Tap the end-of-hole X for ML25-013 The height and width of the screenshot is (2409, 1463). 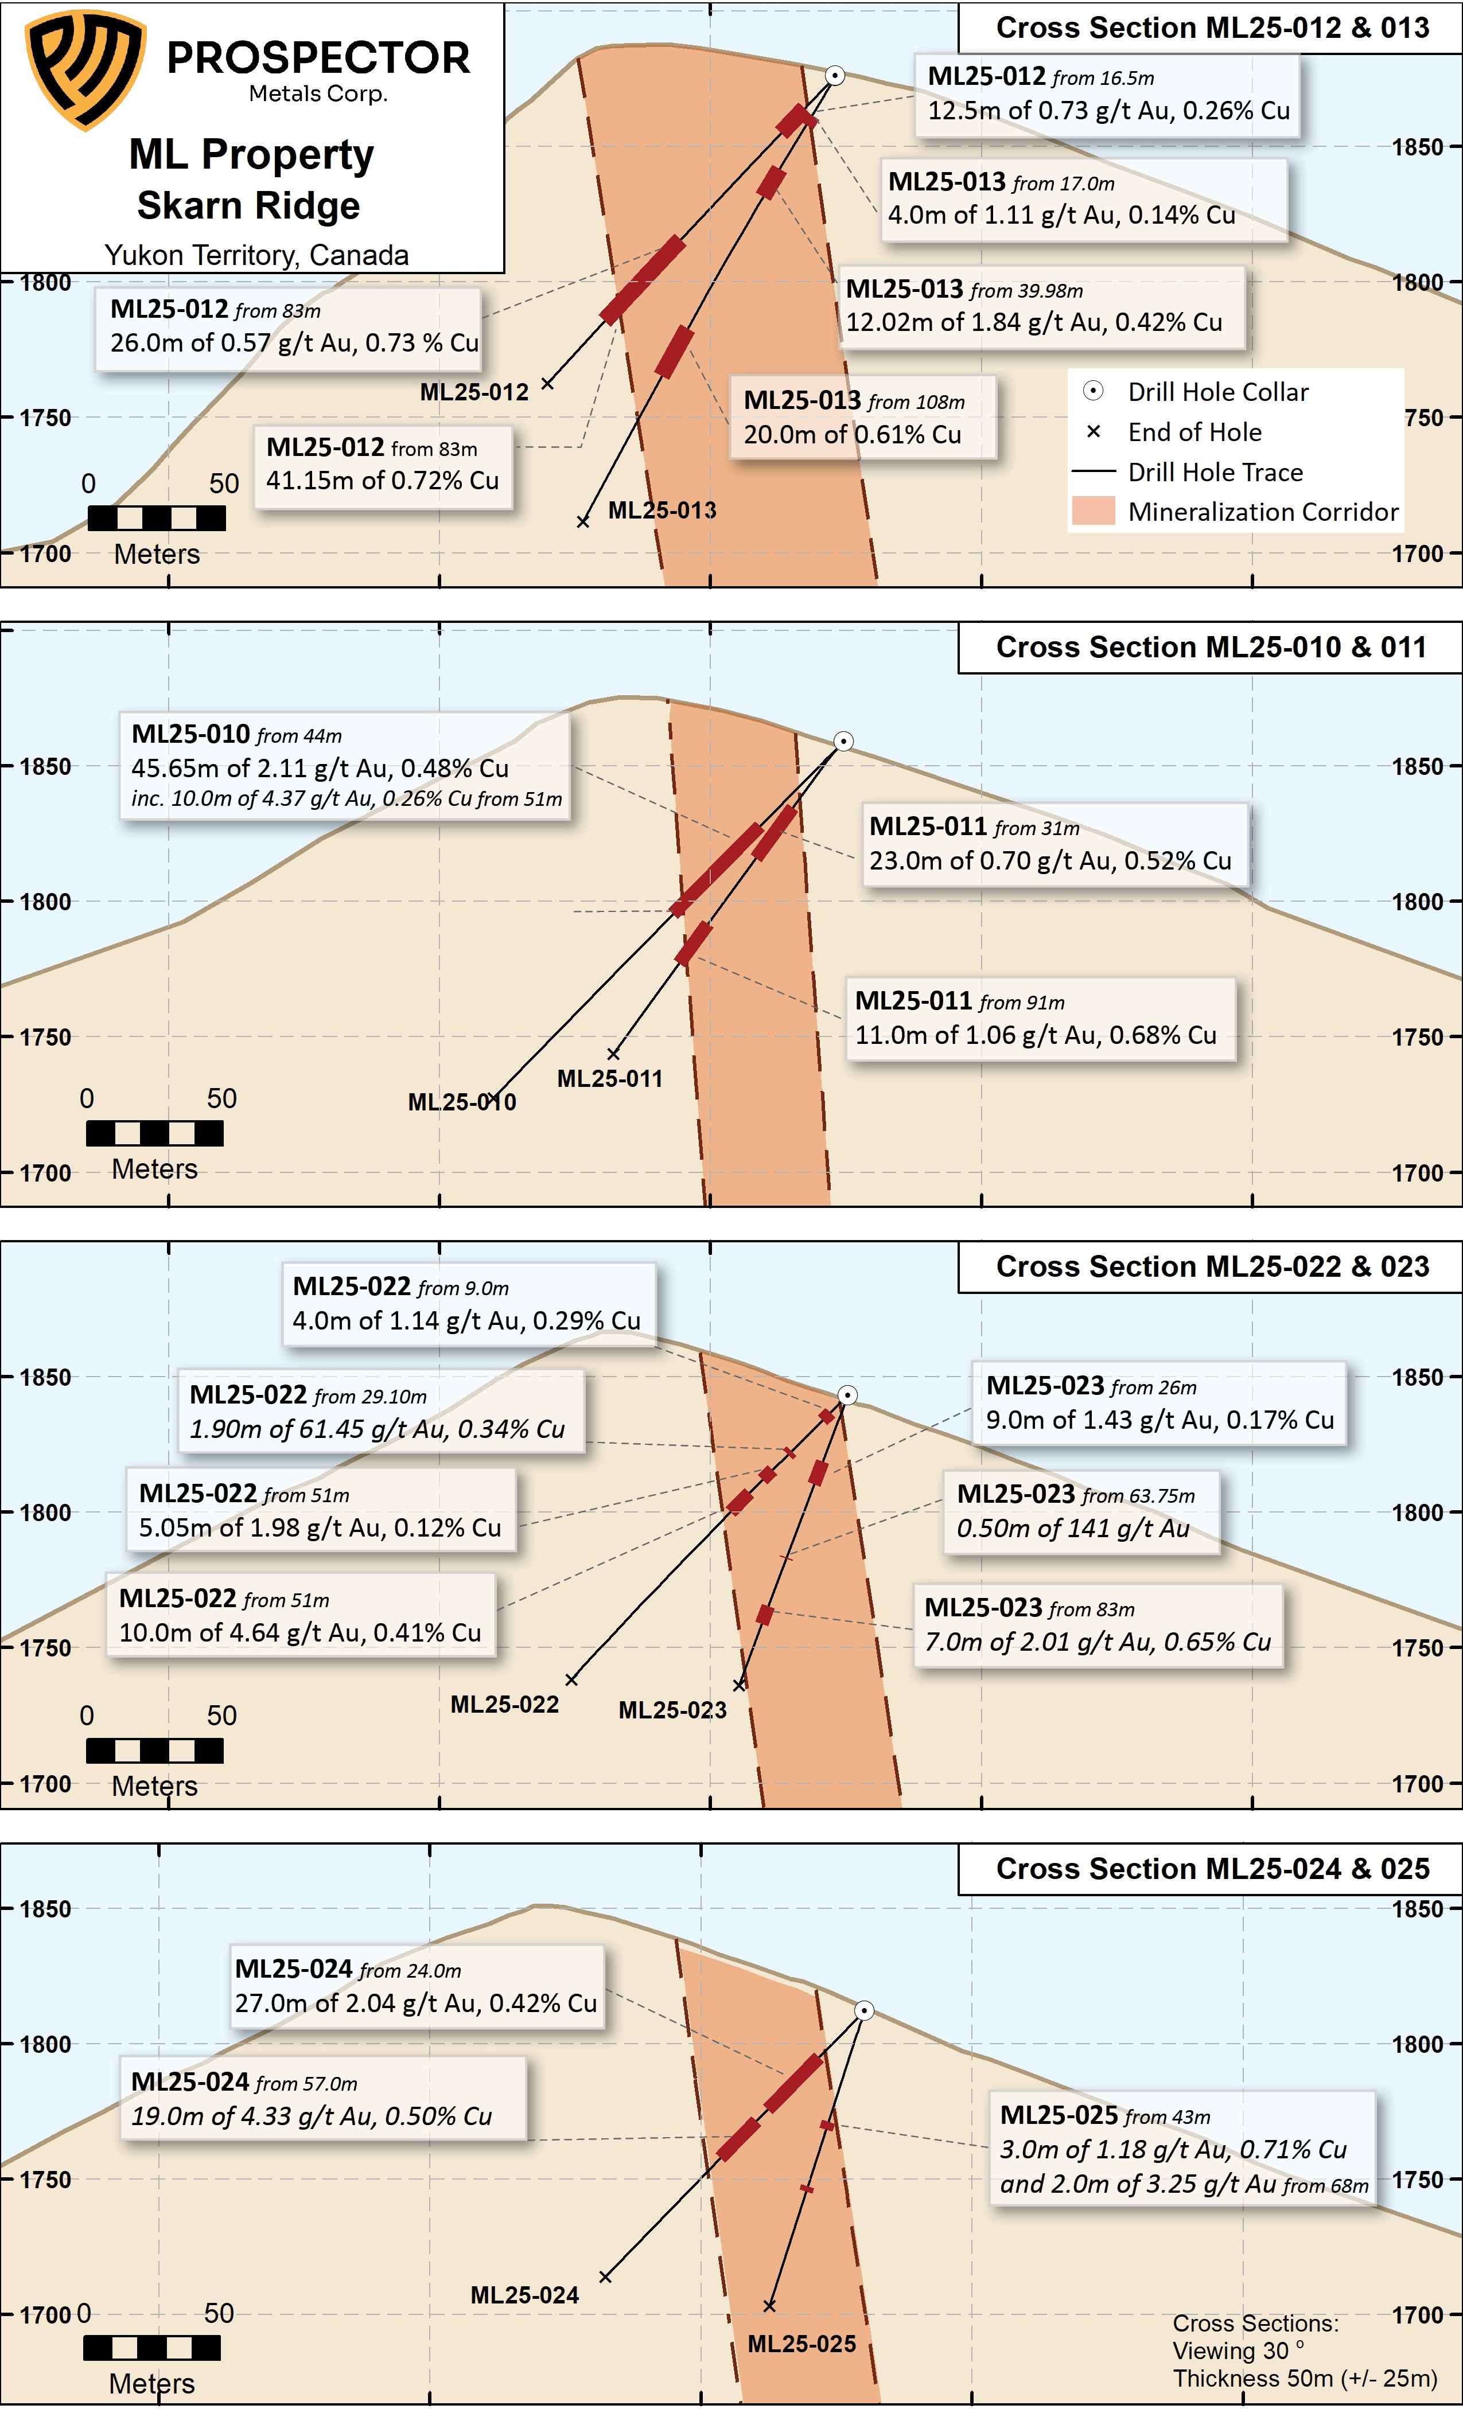click(583, 522)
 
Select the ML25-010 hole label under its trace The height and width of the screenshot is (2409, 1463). click(462, 1102)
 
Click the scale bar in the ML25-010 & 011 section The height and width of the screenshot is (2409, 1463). click(154, 1133)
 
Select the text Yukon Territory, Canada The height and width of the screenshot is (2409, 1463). click(256, 255)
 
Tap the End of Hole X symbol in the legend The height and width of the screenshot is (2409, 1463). click(1094, 431)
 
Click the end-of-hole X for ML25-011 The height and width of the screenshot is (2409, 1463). click(613, 1054)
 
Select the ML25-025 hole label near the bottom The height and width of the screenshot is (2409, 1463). click(801, 2344)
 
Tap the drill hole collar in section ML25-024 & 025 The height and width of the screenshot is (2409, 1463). click(863, 2010)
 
